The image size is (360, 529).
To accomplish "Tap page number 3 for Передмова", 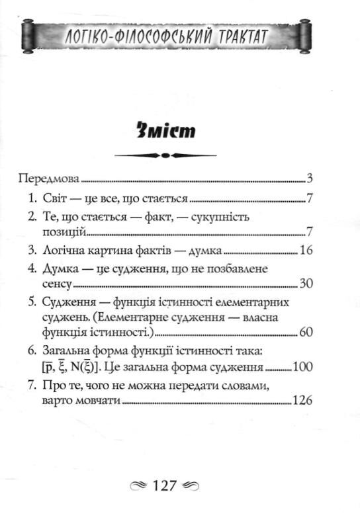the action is [309, 179].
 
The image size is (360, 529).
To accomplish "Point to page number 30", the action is [305, 283].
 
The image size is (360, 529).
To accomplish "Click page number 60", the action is [305, 332].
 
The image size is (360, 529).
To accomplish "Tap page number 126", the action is [302, 399].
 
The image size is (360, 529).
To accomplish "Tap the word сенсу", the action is [54, 283].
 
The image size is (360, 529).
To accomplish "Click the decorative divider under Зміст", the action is [167, 156].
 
